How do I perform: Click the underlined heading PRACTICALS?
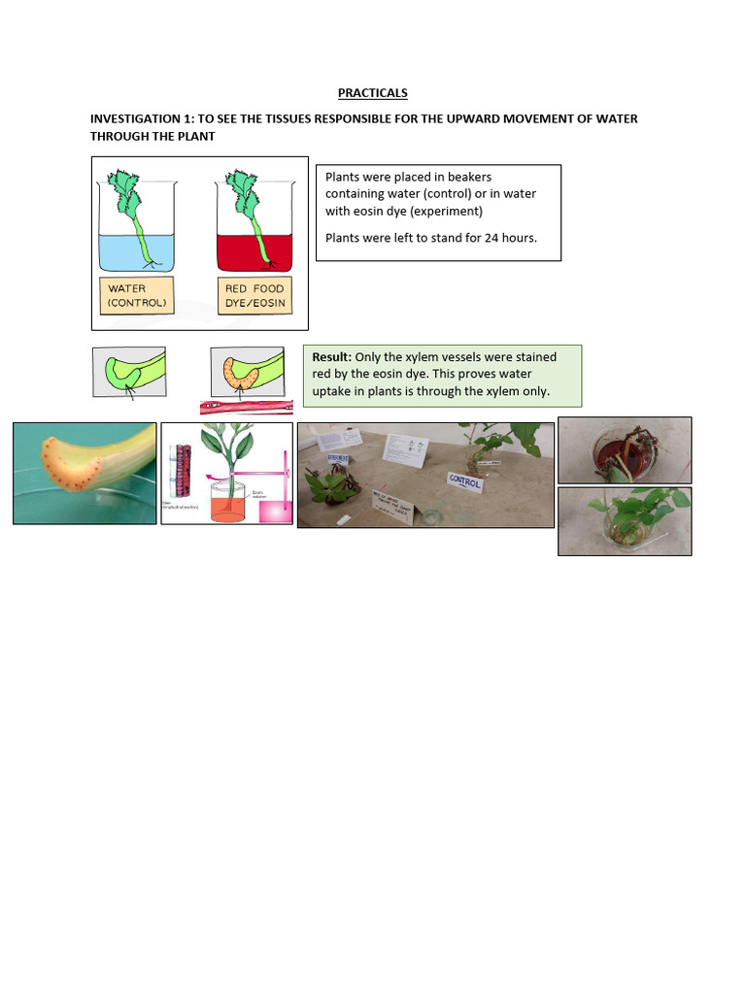[372, 93]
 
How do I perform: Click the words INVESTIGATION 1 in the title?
[142, 118]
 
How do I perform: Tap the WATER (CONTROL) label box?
[137, 295]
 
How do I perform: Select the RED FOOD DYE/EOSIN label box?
[254, 295]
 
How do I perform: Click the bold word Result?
[331, 357]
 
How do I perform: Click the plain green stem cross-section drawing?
[129, 372]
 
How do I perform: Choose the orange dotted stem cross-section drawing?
[246, 372]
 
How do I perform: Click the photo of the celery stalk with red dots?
[85, 473]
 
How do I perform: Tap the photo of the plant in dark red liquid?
[625, 450]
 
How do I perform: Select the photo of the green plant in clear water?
[625, 521]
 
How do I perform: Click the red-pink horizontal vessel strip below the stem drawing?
[246, 408]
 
